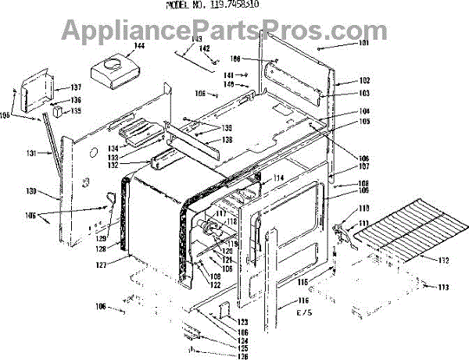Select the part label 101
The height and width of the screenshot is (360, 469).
[342, 44]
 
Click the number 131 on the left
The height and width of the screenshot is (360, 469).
[30, 153]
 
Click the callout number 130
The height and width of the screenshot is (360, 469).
[30, 191]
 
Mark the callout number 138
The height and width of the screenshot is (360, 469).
[227, 140]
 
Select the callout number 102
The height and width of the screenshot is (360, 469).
[342, 81]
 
